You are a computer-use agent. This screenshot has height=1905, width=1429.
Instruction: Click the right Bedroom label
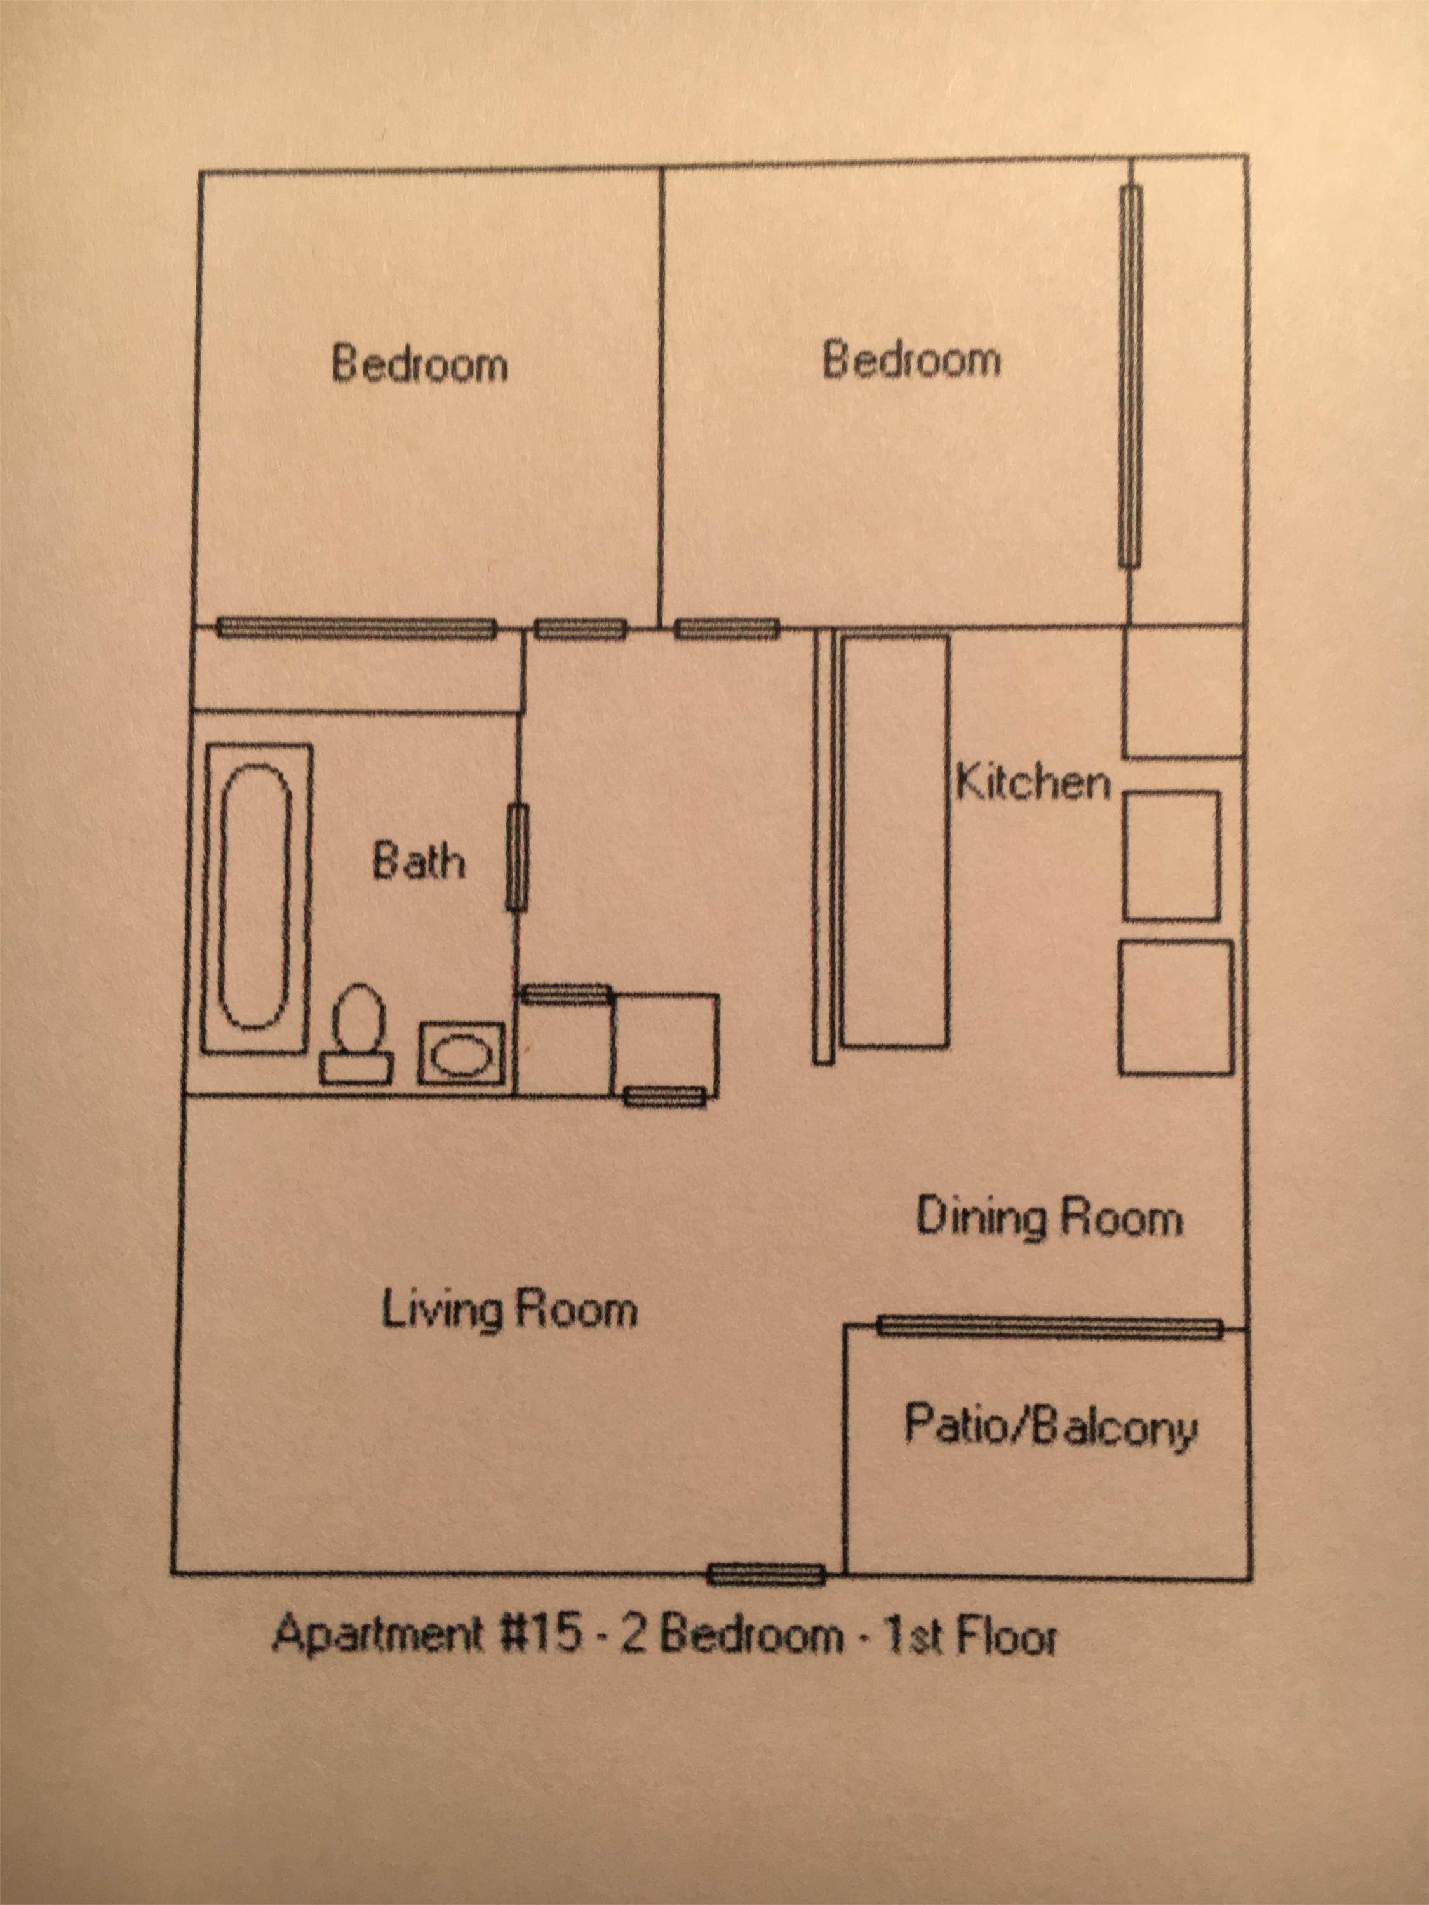coord(911,360)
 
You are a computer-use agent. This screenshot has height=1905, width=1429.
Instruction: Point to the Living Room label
coord(509,1311)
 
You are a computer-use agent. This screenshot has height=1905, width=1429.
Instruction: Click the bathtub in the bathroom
coord(256,897)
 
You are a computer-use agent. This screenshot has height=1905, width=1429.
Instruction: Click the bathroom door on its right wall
coord(516,857)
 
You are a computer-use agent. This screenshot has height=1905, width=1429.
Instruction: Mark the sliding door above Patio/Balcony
coord(1049,1327)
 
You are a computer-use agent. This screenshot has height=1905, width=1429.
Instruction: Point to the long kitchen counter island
coord(896,841)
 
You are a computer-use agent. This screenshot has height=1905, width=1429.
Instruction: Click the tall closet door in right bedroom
coord(1130,377)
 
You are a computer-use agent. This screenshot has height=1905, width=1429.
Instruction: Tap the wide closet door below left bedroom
coord(356,629)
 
